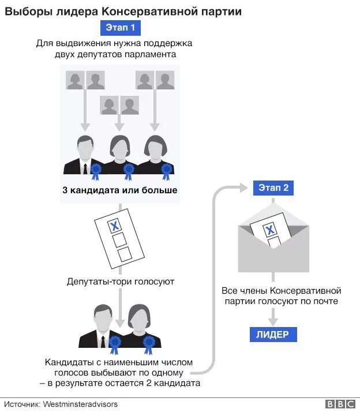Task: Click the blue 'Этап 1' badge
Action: [x=120, y=27]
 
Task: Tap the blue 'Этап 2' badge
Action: [x=273, y=187]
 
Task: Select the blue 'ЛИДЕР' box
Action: [x=273, y=335]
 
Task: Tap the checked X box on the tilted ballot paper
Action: [x=115, y=226]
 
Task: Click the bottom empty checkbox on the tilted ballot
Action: [x=124, y=254]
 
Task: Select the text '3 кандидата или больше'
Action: [x=120, y=190]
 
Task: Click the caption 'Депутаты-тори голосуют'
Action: [x=120, y=282]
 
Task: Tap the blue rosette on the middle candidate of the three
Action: [x=129, y=170]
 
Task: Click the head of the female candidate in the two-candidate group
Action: [x=140, y=317]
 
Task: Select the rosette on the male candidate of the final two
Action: [x=115, y=345]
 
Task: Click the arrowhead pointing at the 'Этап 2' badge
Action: [x=245, y=187]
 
